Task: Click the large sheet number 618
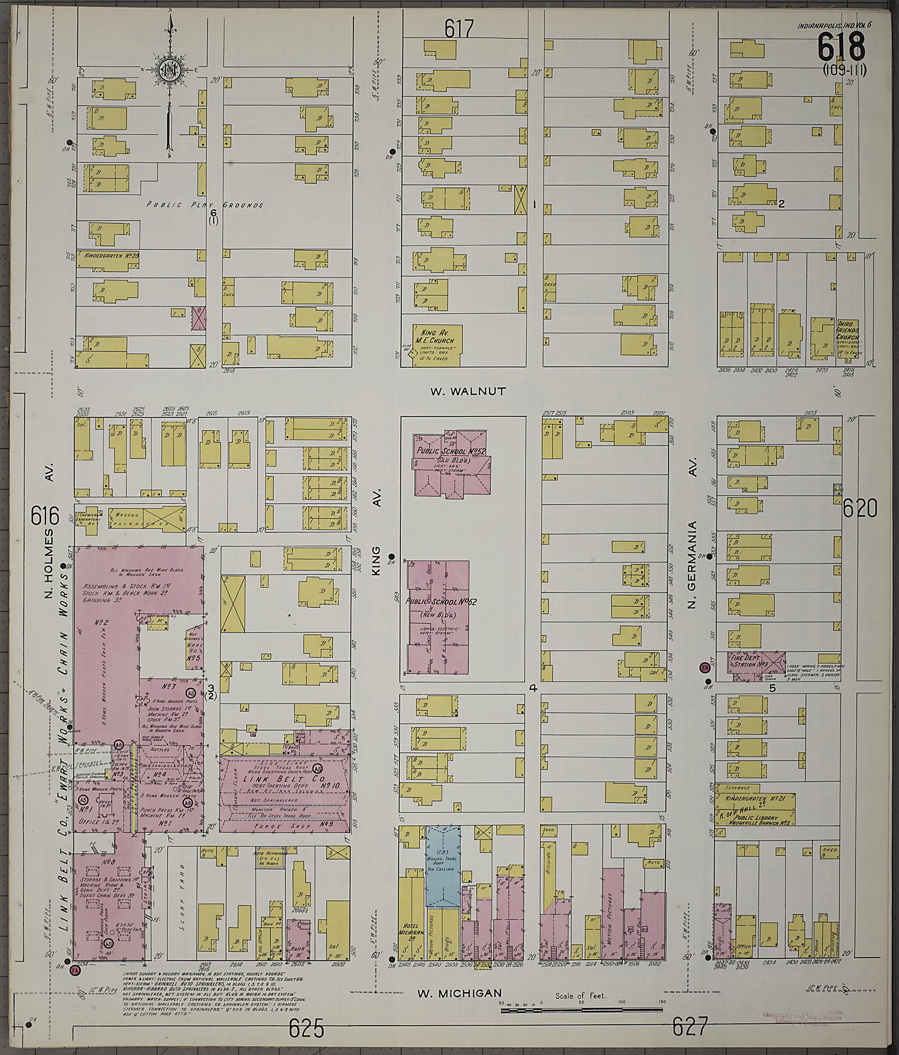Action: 841,47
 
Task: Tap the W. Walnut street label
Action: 468,391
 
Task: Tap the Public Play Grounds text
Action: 205,205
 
